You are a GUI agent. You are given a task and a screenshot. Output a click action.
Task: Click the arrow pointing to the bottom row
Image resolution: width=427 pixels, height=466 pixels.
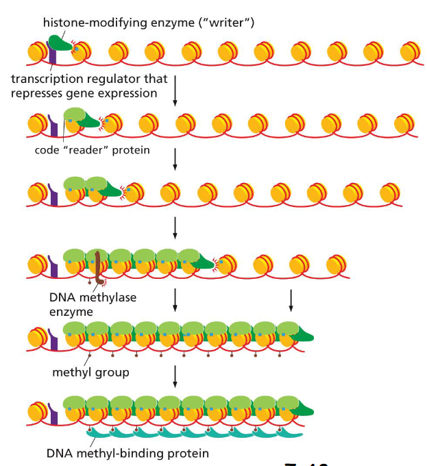pos(175,376)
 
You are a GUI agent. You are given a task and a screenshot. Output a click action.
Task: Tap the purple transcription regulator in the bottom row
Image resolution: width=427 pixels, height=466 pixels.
pos(53,414)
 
